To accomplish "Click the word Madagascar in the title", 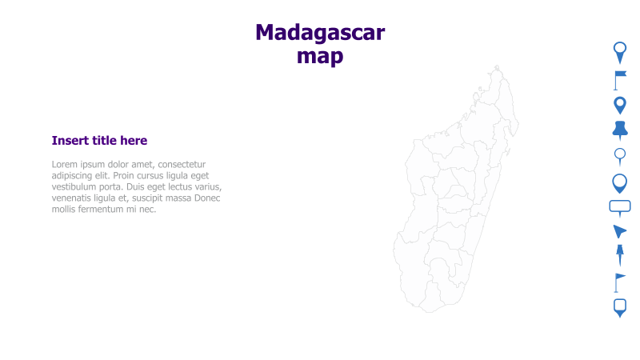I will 320,33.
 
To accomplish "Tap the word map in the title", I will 320,56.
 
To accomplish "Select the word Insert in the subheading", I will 70,141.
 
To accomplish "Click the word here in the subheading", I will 134,141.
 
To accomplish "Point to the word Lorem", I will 66,164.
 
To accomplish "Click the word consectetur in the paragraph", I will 181,164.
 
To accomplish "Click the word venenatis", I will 77,198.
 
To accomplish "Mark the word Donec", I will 206,198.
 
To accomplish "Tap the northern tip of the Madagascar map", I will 496,68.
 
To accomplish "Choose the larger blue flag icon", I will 620,79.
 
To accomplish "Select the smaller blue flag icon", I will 619,282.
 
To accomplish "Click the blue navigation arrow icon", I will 619,231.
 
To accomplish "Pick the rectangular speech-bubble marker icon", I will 620,207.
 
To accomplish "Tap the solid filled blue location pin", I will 619,105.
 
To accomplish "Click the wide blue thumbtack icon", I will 620,130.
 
